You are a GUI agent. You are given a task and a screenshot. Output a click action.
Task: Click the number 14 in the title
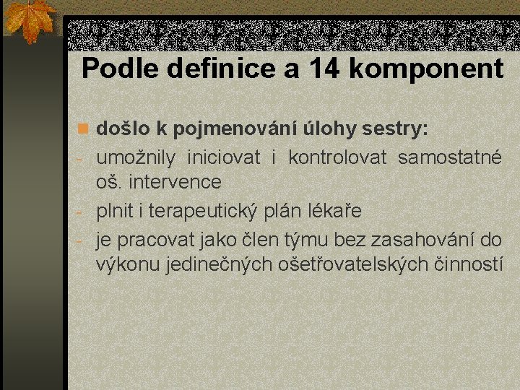pyautogui.click(x=324, y=69)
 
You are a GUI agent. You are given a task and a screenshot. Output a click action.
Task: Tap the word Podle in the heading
pyautogui.click(x=121, y=69)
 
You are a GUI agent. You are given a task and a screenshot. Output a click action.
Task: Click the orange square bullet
pyautogui.click(x=83, y=129)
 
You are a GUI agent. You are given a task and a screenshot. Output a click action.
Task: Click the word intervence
pyautogui.click(x=175, y=181)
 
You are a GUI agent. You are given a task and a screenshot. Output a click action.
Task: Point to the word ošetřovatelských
pyautogui.click(x=355, y=265)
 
